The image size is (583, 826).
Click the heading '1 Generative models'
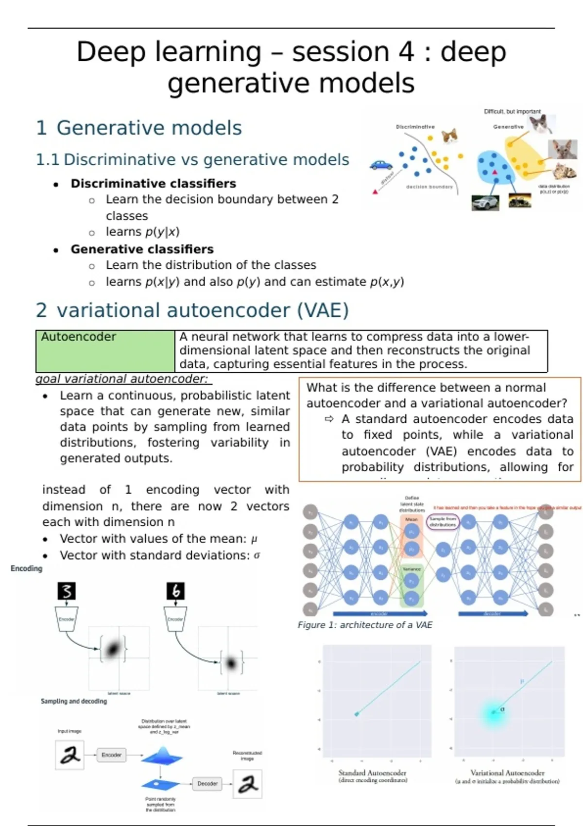(139, 128)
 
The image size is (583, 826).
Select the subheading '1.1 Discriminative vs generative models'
(192, 160)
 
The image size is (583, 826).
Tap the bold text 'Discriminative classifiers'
(153, 184)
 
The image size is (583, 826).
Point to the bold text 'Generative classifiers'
(142, 249)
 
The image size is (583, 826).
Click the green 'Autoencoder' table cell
(105, 351)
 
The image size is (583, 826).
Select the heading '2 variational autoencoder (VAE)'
(192, 310)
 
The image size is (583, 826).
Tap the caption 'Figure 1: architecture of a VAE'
(365, 625)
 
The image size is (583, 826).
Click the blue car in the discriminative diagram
(381, 165)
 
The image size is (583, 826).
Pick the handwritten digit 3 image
(67, 591)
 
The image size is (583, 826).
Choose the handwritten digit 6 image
(176, 591)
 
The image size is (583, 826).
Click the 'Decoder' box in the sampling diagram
(207, 784)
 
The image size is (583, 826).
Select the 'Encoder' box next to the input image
(111, 755)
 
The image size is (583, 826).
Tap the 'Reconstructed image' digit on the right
(248, 784)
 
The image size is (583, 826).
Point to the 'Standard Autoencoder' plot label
(372, 773)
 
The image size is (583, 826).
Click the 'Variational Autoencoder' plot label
(507, 773)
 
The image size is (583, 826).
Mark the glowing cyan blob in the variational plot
(494, 713)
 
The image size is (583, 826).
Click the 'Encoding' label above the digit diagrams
(26, 568)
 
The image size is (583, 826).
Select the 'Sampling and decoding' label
(74, 701)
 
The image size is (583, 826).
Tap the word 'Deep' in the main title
(111, 52)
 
